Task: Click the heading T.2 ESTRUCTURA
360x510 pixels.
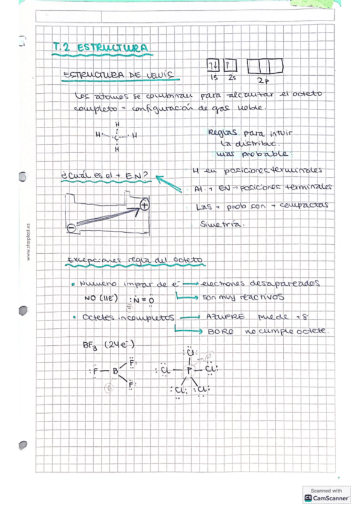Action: (x=101, y=48)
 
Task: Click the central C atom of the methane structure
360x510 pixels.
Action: (x=115, y=137)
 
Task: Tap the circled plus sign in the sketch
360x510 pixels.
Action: (x=144, y=206)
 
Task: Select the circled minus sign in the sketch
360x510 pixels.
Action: (x=72, y=228)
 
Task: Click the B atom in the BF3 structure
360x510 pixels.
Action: (x=115, y=370)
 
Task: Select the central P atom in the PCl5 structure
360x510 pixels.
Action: (x=188, y=369)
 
